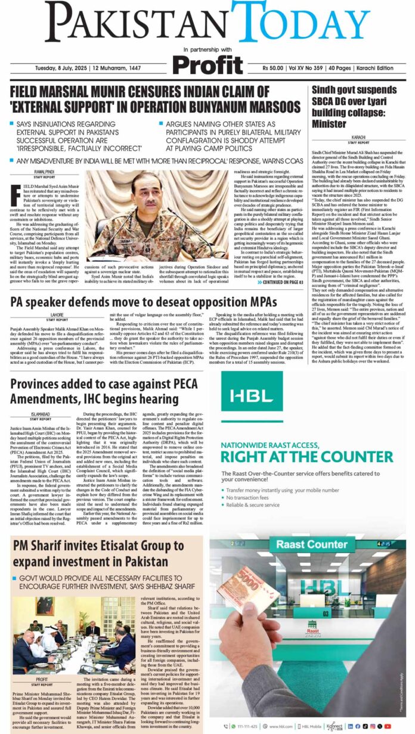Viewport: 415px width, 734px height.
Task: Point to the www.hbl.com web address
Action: click(x=280, y=726)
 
